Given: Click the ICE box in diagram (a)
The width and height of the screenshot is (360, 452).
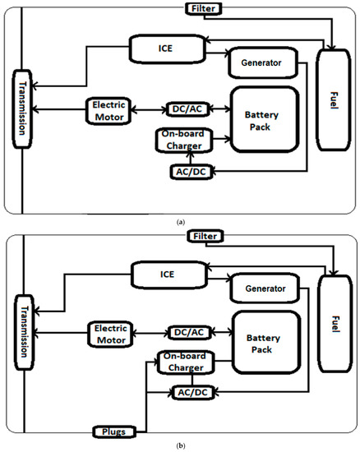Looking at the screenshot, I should pos(161,48).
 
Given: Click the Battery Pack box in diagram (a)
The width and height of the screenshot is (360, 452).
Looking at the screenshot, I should pos(261,118).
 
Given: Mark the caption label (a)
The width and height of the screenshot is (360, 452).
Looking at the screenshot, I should pos(181,219).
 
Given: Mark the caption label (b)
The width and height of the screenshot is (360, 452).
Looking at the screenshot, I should pos(181,445).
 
